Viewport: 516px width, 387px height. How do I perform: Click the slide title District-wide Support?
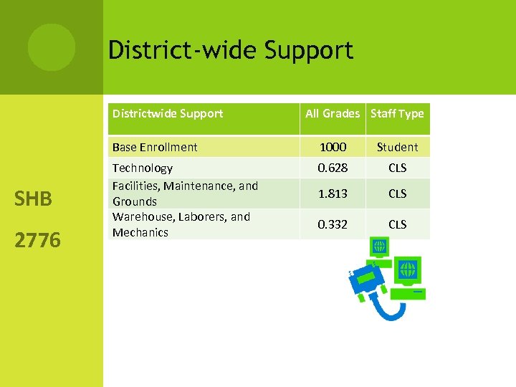click(x=230, y=50)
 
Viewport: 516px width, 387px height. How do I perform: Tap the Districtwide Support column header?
click(x=167, y=113)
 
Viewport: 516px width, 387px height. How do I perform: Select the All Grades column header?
click(x=333, y=113)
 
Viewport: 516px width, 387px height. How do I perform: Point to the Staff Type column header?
click(x=397, y=113)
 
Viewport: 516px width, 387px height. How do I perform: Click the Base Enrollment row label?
click(x=155, y=147)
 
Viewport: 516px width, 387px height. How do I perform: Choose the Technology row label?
click(x=143, y=168)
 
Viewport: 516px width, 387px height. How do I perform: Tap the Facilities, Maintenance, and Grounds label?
click(x=185, y=193)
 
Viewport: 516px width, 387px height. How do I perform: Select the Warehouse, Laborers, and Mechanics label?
click(x=181, y=224)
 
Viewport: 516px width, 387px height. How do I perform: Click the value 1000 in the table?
click(x=333, y=147)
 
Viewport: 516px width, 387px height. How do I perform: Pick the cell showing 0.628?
click(x=333, y=168)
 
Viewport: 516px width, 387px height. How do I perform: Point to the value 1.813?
click(x=333, y=193)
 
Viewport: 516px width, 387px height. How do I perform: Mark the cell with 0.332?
click(x=333, y=224)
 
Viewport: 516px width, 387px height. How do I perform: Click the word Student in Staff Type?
click(x=397, y=147)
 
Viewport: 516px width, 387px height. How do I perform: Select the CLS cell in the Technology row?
click(x=397, y=168)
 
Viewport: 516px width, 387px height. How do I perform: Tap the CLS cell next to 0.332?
click(x=397, y=224)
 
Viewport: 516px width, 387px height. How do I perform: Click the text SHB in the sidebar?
click(x=33, y=199)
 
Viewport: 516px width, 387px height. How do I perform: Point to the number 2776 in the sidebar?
click(x=37, y=239)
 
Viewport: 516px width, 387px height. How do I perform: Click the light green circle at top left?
click(x=52, y=47)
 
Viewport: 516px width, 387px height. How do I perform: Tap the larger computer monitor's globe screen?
click(x=408, y=270)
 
